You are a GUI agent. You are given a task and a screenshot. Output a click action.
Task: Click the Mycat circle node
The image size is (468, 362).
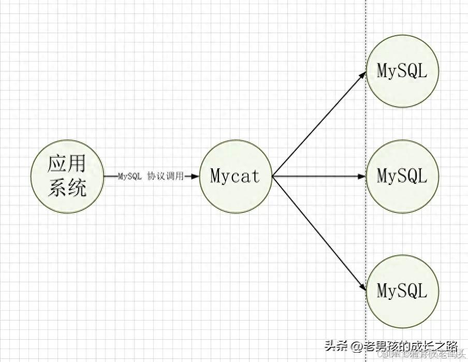click(236, 176)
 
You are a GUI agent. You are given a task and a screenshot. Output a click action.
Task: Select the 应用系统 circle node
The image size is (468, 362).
click(67, 176)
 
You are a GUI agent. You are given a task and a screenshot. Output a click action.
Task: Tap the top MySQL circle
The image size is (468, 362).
click(402, 71)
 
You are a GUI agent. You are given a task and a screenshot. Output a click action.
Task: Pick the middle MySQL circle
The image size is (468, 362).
click(402, 176)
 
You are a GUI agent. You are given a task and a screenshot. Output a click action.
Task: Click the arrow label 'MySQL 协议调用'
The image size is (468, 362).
click(151, 176)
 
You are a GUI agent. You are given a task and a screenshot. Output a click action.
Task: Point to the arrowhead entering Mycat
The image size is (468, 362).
click(195, 176)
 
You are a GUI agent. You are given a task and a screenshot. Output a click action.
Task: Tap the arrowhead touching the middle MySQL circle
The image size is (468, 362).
click(362, 176)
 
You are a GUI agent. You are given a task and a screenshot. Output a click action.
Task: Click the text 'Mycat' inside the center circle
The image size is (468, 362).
click(236, 176)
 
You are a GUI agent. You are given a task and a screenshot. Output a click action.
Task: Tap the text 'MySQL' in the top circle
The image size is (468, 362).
click(402, 71)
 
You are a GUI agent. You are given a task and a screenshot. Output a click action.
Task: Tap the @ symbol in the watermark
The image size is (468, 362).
click(356, 345)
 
